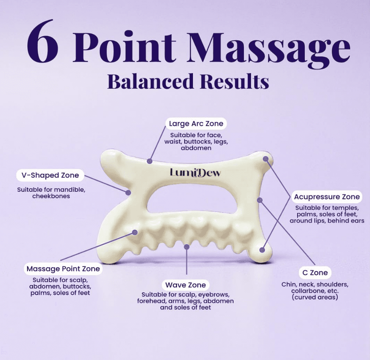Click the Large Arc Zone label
click(196, 124)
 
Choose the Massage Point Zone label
click(63, 269)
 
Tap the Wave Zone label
click(185, 285)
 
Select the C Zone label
click(314, 273)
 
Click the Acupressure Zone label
click(327, 197)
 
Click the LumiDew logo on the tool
click(195, 173)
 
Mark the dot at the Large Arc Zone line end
click(150, 161)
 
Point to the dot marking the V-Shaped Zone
click(128, 193)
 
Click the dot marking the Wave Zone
click(186, 247)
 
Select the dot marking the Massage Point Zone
click(134, 232)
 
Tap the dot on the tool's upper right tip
click(266, 159)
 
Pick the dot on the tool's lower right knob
click(262, 250)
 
